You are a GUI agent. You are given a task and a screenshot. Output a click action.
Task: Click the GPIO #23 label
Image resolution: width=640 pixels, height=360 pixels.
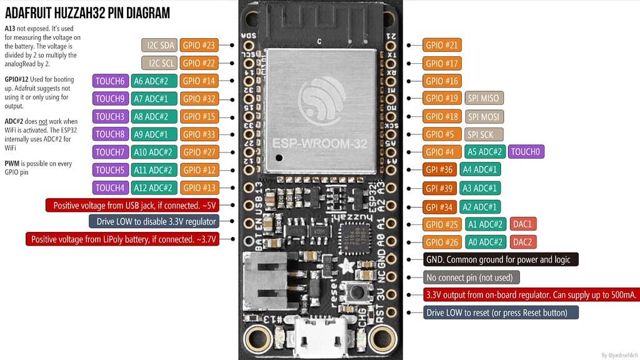199,45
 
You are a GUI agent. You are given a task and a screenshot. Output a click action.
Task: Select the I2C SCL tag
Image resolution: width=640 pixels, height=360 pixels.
159,63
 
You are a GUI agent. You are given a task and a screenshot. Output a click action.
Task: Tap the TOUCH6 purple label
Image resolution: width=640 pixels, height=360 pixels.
111,81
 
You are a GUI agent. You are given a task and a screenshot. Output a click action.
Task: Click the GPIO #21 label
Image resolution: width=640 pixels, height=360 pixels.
442,45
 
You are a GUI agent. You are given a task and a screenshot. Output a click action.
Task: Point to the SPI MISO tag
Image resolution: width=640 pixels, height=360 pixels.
484,98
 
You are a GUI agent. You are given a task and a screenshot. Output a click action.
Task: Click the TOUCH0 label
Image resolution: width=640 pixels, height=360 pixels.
526,152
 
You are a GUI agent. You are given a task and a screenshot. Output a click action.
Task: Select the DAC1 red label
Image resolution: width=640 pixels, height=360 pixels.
523,224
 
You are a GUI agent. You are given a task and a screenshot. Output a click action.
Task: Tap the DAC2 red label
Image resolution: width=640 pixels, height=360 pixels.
523,242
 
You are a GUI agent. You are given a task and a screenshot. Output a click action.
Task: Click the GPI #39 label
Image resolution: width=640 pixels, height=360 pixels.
439,188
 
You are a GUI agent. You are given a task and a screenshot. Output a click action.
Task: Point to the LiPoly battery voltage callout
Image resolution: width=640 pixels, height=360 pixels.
122,239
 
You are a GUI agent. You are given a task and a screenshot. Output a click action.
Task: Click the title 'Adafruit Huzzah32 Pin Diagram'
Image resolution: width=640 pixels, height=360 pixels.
87,13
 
